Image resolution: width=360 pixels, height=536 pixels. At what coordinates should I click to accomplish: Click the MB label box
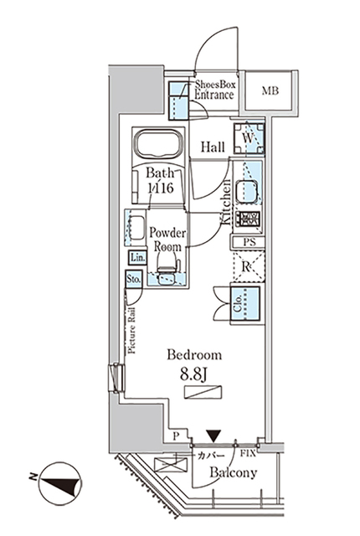pyautogui.click(x=270, y=91)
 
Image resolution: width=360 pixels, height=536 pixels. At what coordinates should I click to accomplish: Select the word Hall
pyautogui.click(x=213, y=147)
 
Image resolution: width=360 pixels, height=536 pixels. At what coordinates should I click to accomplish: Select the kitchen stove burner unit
pyautogui.click(x=249, y=220)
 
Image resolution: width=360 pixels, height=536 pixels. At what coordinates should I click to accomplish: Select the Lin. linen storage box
pyautogui.click(x=136, y=259)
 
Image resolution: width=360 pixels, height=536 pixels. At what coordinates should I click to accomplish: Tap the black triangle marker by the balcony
pyautogui.click(x=215, y=435)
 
